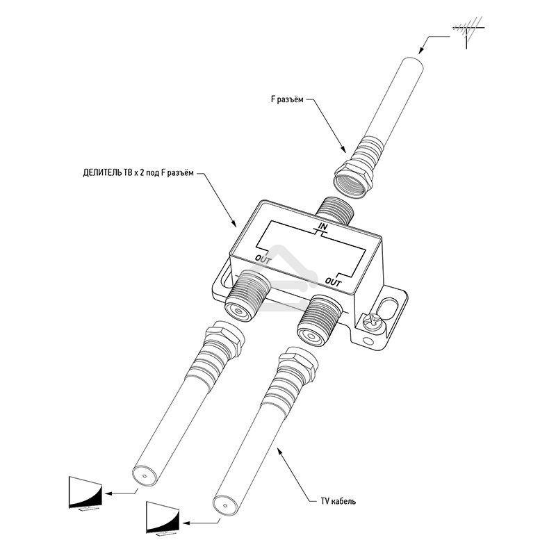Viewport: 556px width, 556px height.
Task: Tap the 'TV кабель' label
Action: tap(336, 500)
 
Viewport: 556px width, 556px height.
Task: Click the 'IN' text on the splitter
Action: tap(322, 227)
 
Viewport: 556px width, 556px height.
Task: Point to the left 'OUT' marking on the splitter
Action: tap(263, 259)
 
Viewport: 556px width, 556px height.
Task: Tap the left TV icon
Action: tap(85, 492)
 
